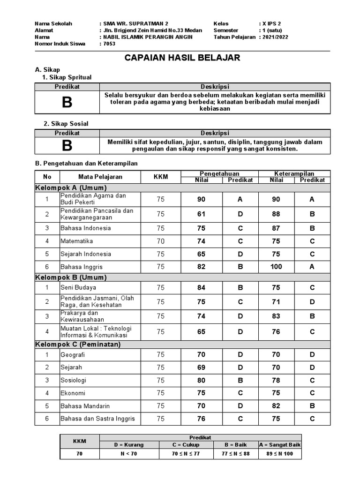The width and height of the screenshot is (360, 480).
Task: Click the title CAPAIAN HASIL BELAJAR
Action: tap(182, 58)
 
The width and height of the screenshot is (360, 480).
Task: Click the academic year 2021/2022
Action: tap(276, 37)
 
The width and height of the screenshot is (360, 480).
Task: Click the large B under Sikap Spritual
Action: tap(67, 102)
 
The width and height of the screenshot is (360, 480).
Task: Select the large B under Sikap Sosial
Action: tap(67, 146)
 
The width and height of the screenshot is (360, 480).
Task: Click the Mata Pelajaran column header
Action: tap(100, 177)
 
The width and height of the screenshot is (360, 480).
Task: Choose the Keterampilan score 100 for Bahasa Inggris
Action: tap(276, 267)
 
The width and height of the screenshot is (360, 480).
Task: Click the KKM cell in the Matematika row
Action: tap(161, 241)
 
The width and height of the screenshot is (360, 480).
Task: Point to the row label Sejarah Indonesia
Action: tap(86, 254)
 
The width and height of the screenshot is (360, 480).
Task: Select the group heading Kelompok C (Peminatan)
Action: tap(78, 345)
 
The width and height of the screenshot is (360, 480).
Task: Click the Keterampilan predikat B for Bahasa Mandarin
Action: tap(312, 406)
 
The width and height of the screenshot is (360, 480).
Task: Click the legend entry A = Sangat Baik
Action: tap(280, 444)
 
